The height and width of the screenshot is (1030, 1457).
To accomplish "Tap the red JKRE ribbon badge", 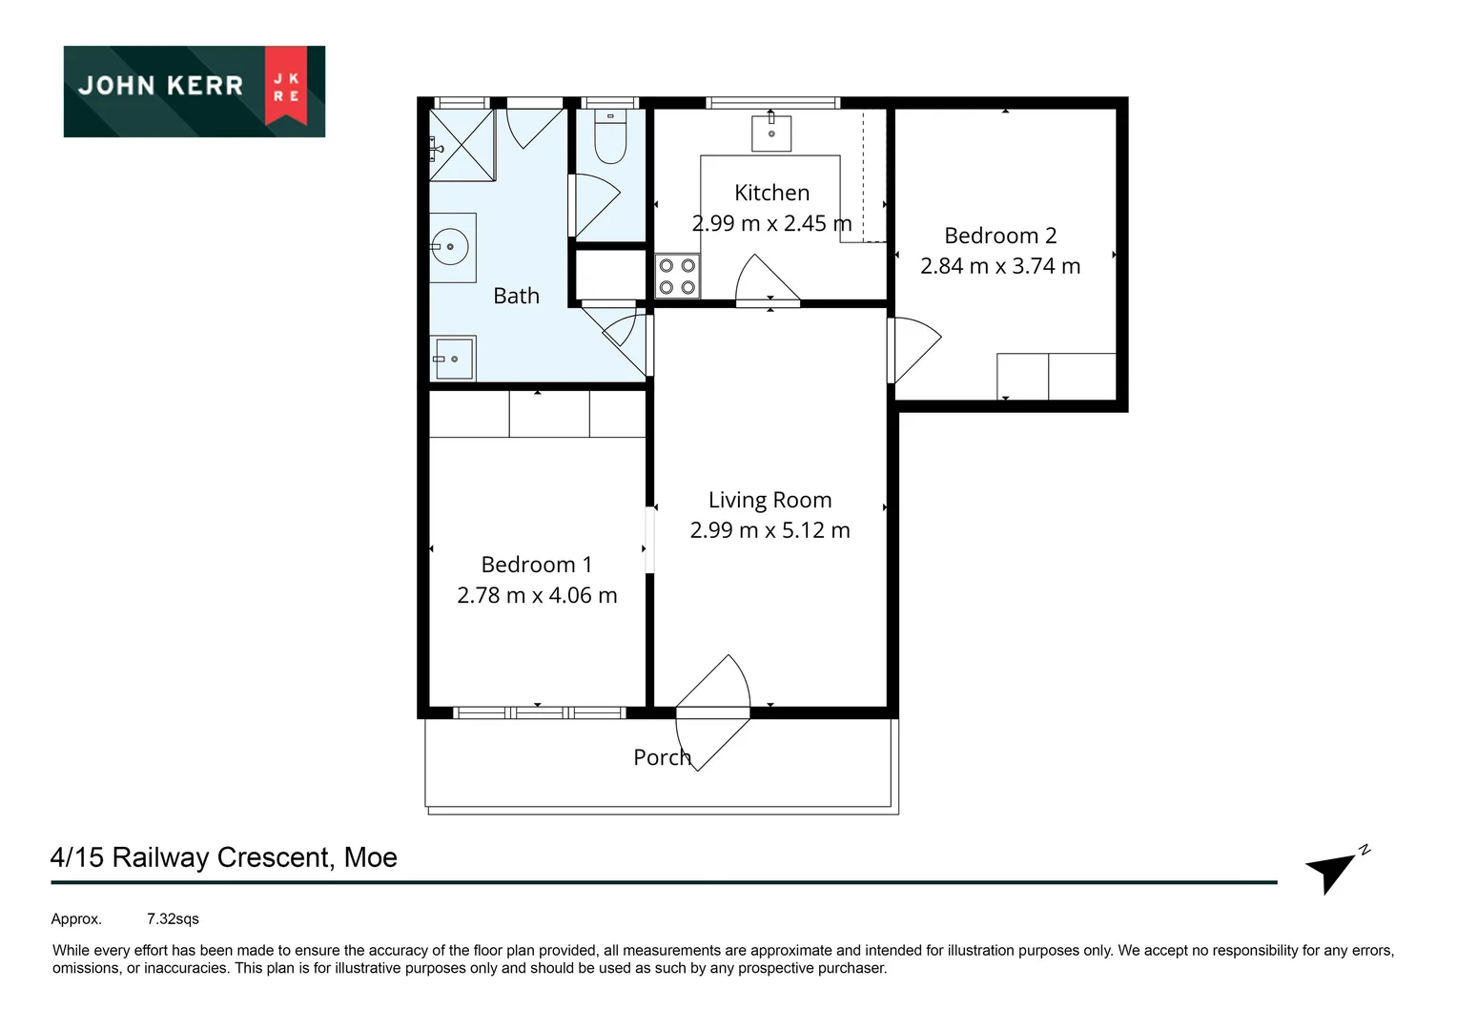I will click(286, 86).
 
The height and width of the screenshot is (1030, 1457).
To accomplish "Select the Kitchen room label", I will click(771, 193).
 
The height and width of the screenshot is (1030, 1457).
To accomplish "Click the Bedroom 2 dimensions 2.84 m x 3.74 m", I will click(999, 266).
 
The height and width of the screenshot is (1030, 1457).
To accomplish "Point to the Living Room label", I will click(770, 500).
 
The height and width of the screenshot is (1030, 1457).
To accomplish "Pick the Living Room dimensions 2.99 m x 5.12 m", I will click(770, 530).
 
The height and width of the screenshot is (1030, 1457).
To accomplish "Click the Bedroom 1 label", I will click(536, 565).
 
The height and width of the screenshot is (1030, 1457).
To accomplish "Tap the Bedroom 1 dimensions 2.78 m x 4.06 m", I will click(536, 595).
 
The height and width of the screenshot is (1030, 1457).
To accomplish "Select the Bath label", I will click(516, 296).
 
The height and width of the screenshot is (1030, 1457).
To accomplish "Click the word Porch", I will click(662, 757).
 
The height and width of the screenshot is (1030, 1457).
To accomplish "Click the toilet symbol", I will click(610, 138).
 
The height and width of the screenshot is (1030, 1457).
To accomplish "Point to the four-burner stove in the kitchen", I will click(677, 277).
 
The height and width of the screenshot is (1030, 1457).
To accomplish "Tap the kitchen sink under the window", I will click(771, 133).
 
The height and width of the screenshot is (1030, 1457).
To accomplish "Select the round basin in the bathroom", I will click(451, 247).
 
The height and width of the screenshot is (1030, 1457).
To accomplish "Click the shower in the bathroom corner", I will click(462, 145).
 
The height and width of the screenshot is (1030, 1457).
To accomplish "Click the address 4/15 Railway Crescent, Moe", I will click(223, 857).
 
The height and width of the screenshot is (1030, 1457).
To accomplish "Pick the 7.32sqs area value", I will click(173, 919).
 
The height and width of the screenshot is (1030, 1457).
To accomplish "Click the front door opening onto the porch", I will click(713, 711).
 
